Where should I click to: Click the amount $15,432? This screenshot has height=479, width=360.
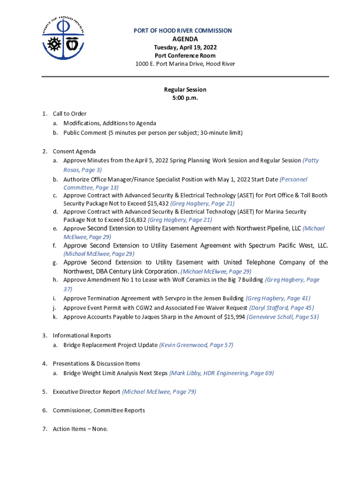tap(158, 203)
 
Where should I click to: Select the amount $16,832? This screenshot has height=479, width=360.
tap(136, 220)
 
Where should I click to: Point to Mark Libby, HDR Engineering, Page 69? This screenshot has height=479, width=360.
tap(222, 373)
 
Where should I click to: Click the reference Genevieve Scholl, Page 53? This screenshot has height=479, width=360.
tap(283, 317)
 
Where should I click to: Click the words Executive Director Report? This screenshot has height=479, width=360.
tap(86, 392)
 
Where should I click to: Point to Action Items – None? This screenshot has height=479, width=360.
tap(80, 429)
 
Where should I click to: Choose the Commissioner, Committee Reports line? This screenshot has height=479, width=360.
tap(99, 411)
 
